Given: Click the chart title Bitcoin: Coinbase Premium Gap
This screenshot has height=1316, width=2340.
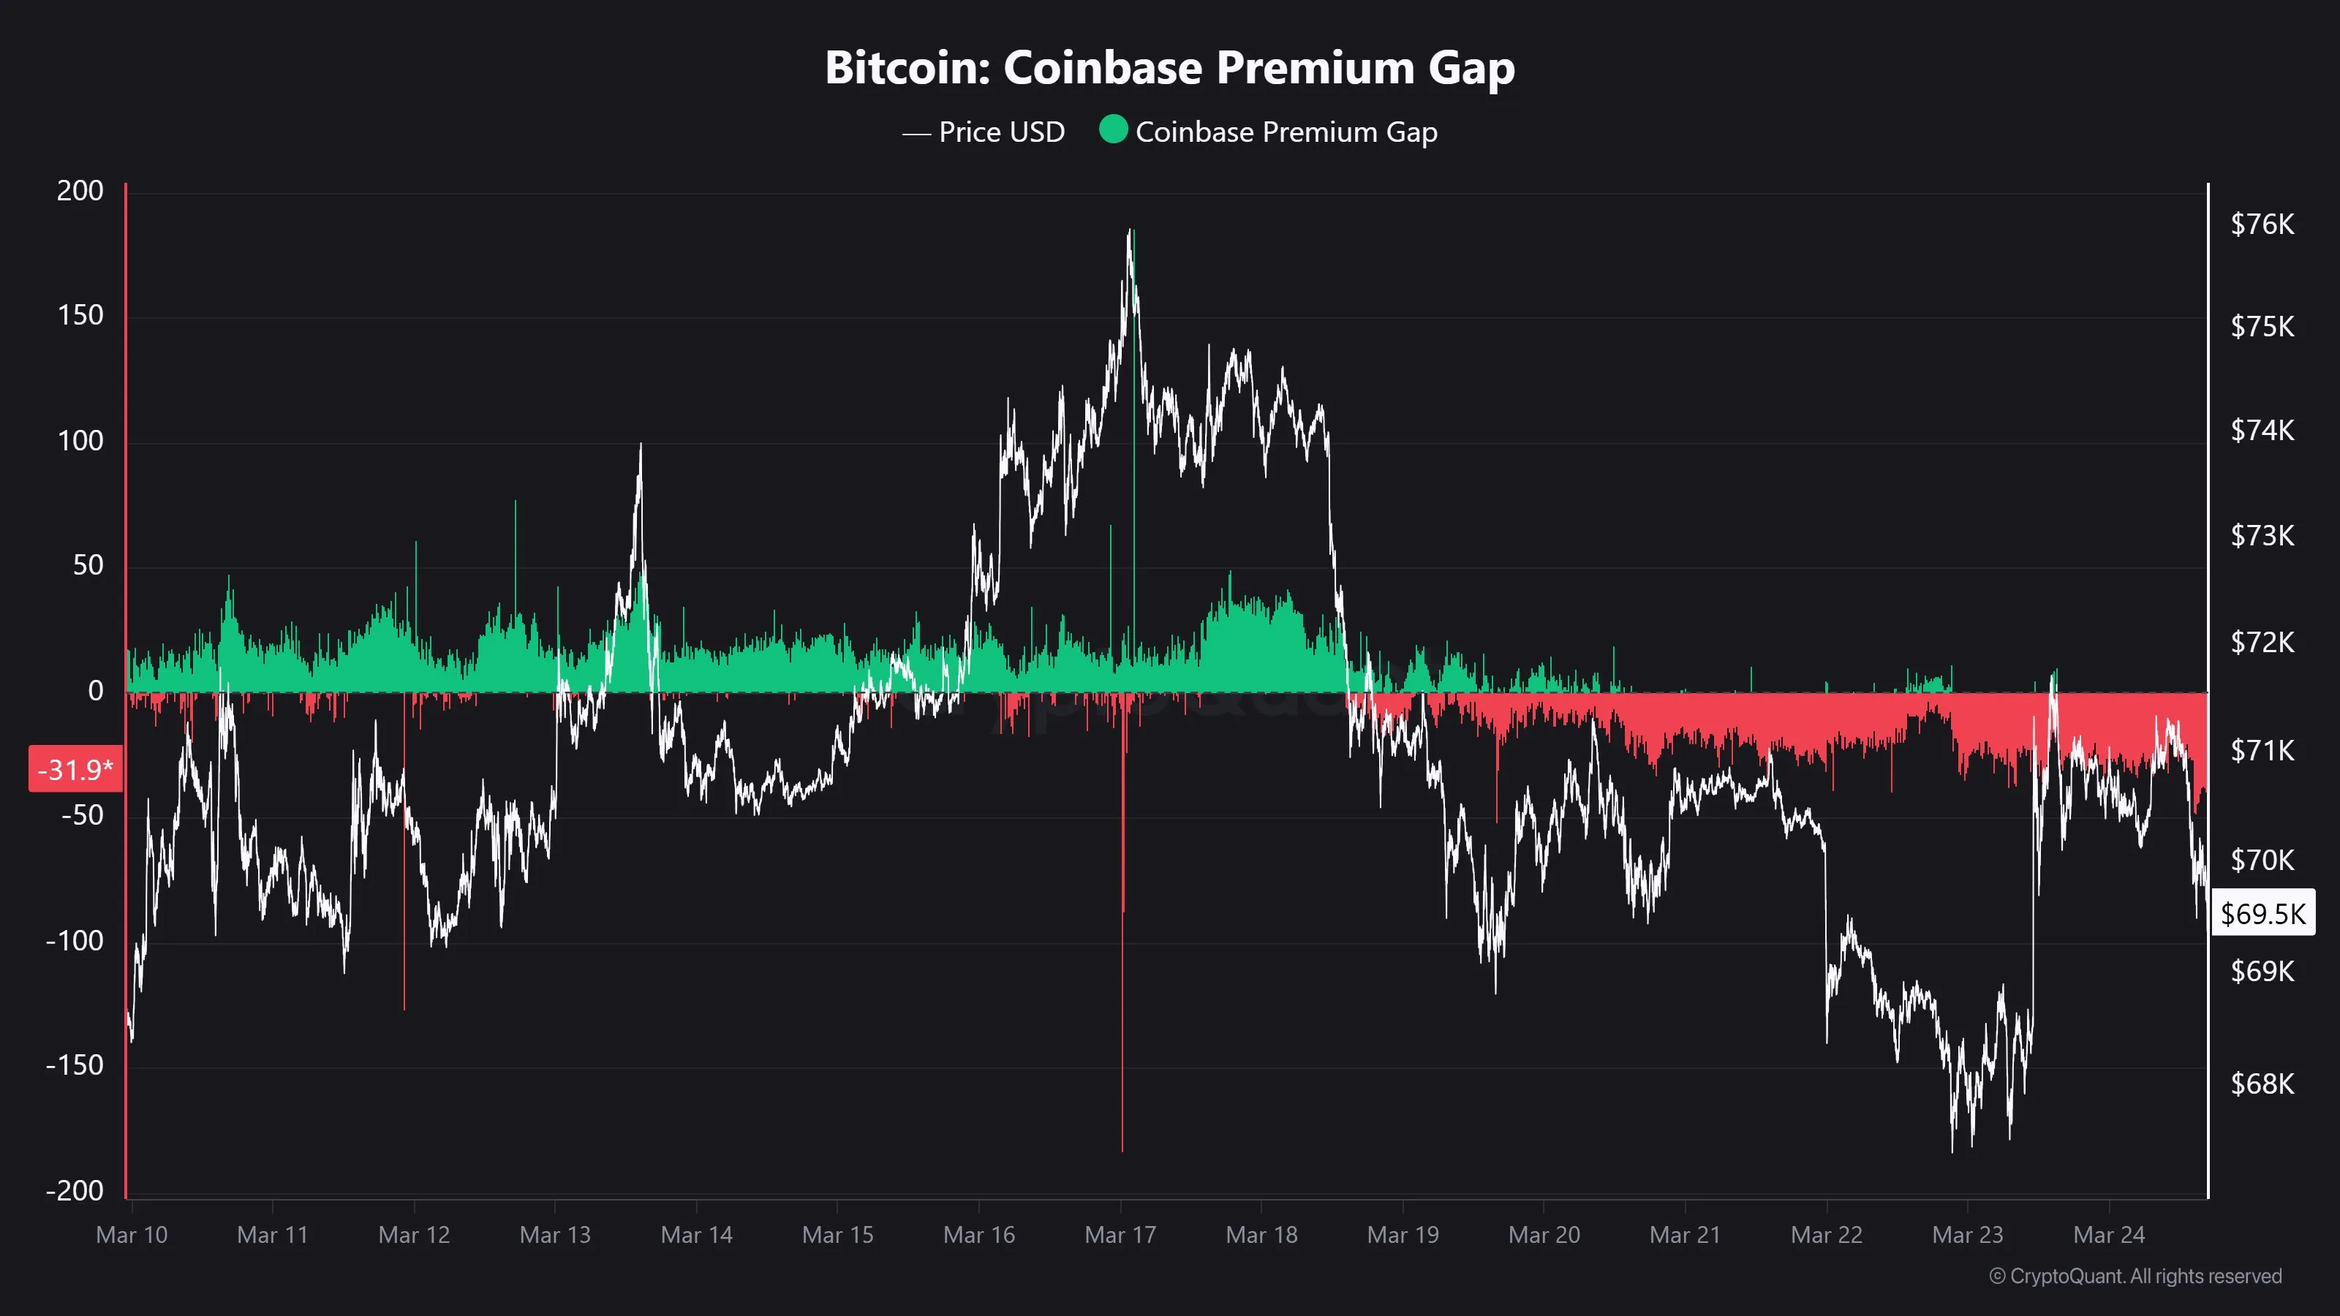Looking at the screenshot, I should tap(1169, 68).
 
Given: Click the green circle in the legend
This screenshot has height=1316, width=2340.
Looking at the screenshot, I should tap(1113, 130).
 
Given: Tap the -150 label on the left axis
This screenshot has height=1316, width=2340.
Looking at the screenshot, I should tap(75, 1065).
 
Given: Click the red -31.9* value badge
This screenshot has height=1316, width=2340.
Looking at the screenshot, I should tap(75, 770).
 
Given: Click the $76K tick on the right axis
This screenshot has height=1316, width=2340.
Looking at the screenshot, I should tap(2262, 224).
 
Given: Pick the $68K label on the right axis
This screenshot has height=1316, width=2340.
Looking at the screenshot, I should tap(2262, 1084).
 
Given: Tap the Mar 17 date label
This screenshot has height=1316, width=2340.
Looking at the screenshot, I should tap(1120, 1235).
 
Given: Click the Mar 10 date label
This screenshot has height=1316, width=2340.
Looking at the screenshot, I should tap(132, 1235).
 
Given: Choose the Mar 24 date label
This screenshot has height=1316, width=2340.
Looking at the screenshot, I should tap(2108, 1235).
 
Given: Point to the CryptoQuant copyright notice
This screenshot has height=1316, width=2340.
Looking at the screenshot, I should tap(2135, 1276).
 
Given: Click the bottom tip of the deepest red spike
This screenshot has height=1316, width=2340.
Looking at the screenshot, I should tap(1122, 1151).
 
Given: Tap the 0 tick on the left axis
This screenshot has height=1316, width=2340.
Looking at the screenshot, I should tap(95, 691).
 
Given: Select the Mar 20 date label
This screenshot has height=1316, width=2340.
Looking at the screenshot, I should tap(1544, 1235).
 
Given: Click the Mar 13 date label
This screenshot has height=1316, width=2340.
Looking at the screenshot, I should tap(555, 1235).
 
